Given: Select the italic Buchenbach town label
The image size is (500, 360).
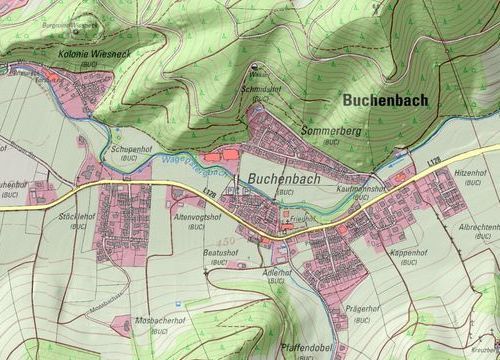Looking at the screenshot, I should point(281,177).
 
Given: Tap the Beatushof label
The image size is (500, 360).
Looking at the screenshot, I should point(221,253).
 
